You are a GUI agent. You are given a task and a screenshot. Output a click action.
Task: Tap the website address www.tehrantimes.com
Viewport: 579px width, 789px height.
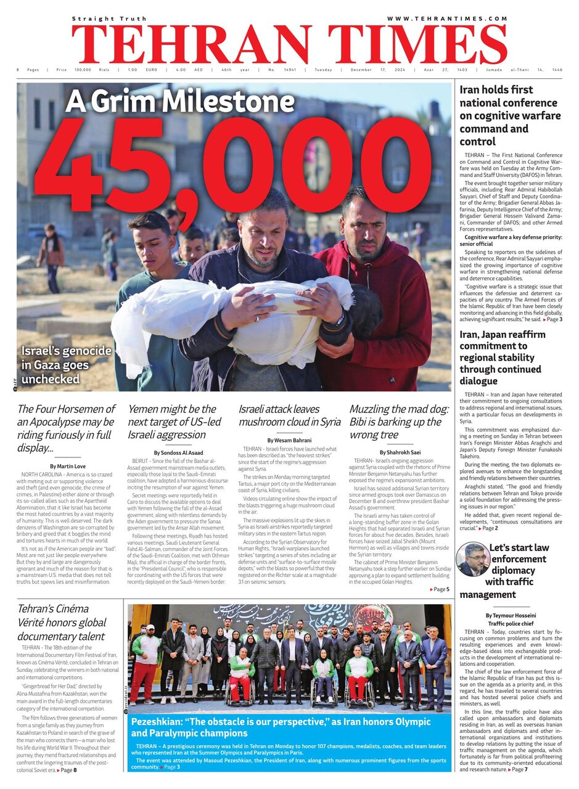pos(446,18)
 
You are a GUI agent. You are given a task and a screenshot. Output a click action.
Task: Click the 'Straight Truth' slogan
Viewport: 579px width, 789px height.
pos(109,18)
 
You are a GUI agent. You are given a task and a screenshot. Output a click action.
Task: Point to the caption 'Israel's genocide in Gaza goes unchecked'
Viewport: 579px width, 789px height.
pos(66,365)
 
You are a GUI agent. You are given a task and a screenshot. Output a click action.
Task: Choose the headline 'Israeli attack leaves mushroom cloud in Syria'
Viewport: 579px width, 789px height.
pos(289,415)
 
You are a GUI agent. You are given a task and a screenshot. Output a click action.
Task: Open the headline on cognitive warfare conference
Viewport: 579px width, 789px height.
pos(511,115)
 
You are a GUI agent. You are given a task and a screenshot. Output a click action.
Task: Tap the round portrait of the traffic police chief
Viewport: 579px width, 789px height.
pos(472,559)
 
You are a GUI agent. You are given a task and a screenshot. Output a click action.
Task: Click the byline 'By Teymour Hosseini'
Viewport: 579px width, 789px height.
pos(511,615)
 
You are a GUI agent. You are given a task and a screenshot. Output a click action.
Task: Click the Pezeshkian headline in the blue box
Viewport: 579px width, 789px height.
pos(289,728)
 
